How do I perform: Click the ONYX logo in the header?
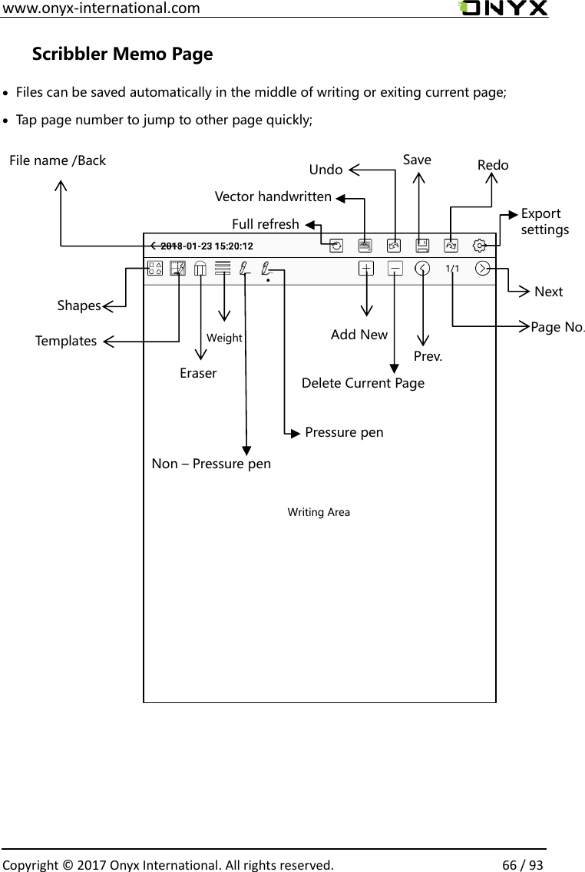pos(503,8)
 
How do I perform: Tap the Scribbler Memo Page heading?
pos(122,54)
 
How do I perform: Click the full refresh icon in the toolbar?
pos(336,246)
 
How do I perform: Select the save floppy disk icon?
pos(422,246)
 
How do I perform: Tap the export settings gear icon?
pos(479,246)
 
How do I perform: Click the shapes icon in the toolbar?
pos(155,269)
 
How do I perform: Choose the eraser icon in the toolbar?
pos(200,269)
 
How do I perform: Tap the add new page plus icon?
pos(366,269)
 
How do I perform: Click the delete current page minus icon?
pos(395,269)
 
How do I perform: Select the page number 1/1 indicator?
pos(452,269)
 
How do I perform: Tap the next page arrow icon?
pos(483,269)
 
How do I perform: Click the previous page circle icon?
pos(422,269)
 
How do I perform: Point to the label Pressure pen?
pos(344,432)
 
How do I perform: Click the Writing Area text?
pos(319,512)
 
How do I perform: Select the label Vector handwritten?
pos(273,197)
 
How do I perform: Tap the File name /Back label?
pos(58,160)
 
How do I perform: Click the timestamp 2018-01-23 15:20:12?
pos(207,246)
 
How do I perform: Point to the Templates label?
pos(65,341)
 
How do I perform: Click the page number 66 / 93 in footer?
pos(523,865)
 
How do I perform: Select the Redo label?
pos(493,165)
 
